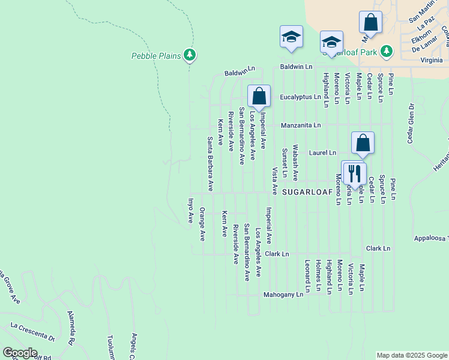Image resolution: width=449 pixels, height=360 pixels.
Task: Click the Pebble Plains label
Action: (156, 56)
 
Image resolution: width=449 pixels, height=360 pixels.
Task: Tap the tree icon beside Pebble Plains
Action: (190, 56)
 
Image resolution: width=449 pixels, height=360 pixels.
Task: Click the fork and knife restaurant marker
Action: (354, 173)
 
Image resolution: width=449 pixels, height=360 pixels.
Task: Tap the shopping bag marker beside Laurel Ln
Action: (363, 143)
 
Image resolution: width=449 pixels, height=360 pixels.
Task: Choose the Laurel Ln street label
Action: (323, 153)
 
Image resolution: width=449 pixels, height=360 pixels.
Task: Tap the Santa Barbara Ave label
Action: (211, 164)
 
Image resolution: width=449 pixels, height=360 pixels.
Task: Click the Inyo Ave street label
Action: (191, 211)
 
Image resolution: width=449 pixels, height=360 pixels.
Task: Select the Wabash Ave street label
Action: (295, 163)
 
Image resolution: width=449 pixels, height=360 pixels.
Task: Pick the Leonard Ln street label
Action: (307, 275)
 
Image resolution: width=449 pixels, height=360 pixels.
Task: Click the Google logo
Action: (19, 353)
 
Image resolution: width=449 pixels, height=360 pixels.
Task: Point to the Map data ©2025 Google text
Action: (411, 355)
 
